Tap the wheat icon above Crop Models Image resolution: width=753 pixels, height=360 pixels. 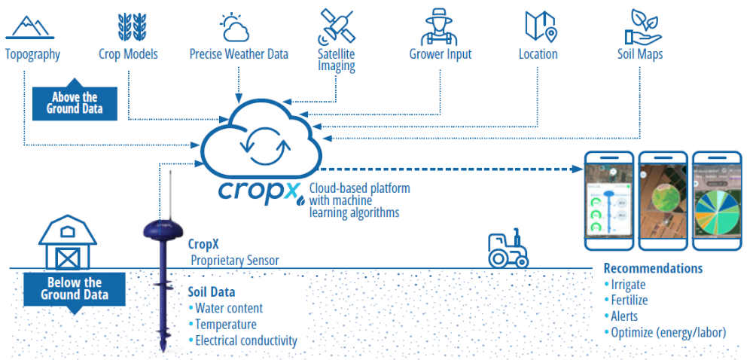pyautogui.click(x=128, y=26)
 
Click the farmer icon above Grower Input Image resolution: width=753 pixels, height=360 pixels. pyautogui.click(x=440, y=26)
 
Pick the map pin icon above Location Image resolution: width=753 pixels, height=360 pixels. pyautogui.click(x=539, y=26)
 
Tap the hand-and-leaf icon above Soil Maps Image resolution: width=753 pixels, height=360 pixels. pyautogui.click(x=642, y=26)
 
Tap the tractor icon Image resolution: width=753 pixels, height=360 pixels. pyautogui.click(x=508, y=249)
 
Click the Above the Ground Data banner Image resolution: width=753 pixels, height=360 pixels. pyautogui.click(x=75, y=102)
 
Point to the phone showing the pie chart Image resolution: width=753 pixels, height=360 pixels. pyautogui.click(x=716, y=201)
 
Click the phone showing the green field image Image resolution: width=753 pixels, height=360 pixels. pyautogui.click(x=663, y=201)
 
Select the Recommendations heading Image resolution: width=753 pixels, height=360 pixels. pyautogui.click(x=653, y=269)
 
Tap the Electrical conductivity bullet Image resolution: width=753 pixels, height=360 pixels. pyautogui.click(x=245, y=340)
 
